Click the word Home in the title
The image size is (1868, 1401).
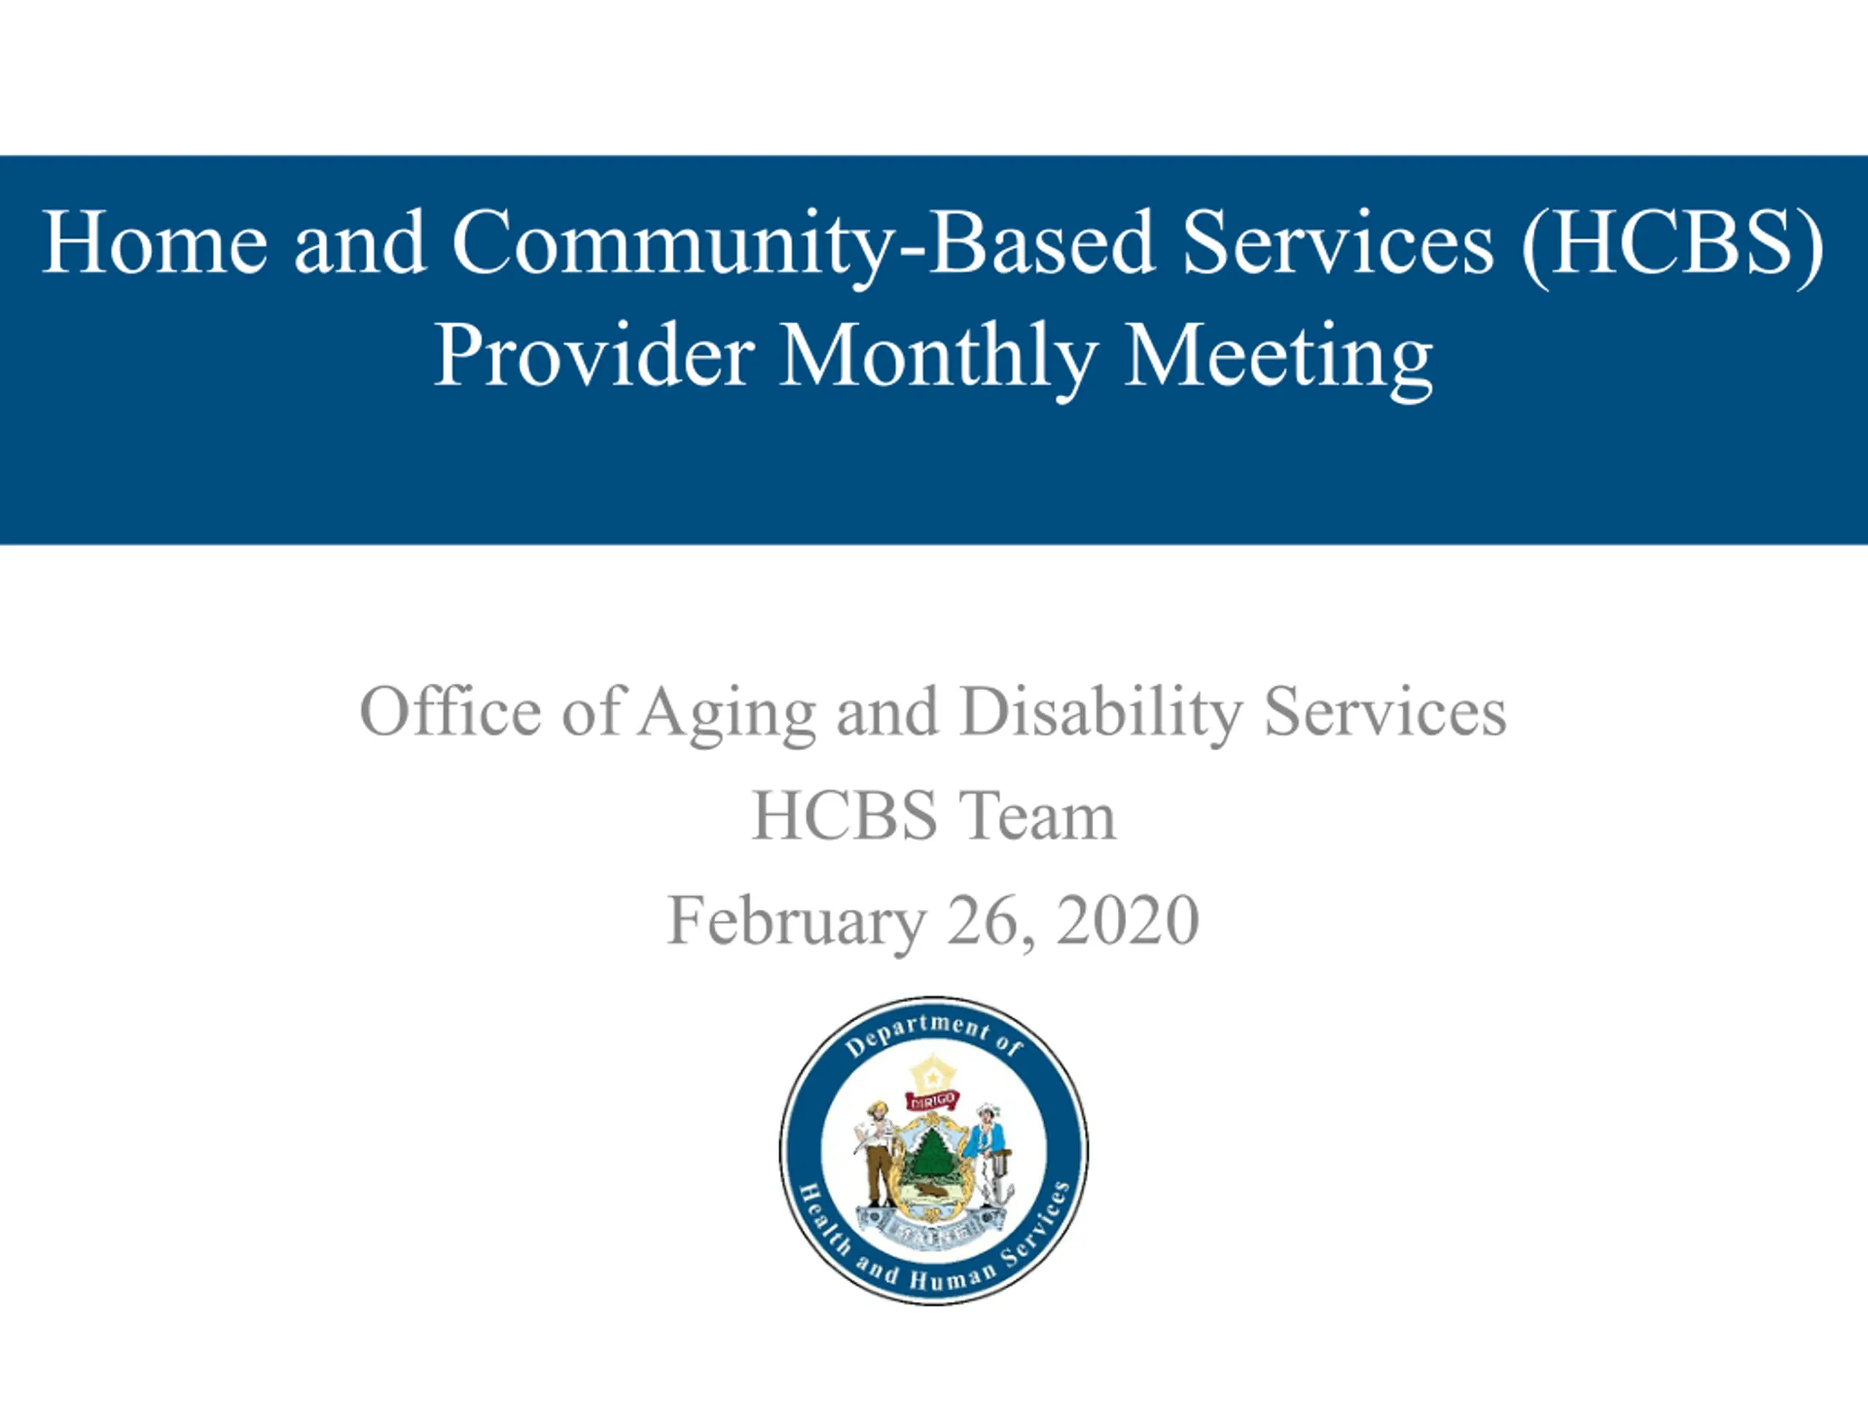(x=155, y=242)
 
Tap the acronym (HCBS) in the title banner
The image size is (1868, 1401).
(x=1672, y=245)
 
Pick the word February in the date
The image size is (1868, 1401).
(x=796, y=922)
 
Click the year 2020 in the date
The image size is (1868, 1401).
(x=1127, y=919)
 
